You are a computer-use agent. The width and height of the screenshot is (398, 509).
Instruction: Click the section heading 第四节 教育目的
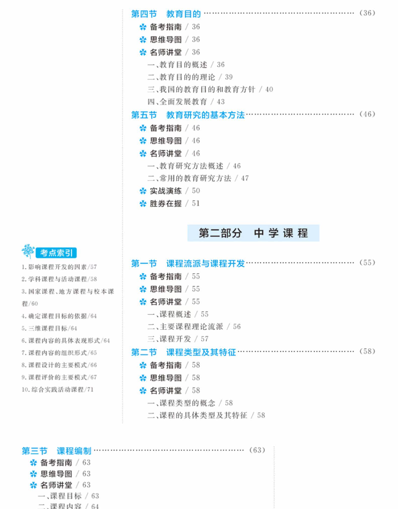point(166,14)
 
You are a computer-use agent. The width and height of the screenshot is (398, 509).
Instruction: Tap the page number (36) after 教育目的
point(367,13)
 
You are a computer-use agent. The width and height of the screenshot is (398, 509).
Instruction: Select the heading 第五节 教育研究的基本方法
point(188,115)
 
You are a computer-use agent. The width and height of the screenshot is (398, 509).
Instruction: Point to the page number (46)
point(367,114)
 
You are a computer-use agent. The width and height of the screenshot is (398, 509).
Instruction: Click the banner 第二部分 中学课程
point(253,233)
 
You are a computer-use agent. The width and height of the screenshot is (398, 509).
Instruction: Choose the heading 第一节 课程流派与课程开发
point(188,263)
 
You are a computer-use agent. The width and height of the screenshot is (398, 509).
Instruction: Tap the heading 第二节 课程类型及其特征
point(183,352)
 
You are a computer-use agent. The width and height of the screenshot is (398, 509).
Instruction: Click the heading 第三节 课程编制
point(56,451)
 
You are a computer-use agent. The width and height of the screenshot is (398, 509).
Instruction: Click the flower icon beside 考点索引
point(28,251)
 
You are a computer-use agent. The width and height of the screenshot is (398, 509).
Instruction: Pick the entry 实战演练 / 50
point(170,191)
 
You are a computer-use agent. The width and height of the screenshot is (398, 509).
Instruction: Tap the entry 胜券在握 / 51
point(170,203)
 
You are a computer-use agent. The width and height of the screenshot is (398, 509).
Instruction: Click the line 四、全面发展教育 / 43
point(186,102)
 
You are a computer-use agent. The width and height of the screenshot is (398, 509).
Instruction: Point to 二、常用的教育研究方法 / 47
point(198,178)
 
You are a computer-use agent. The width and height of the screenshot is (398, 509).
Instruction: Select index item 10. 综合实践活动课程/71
point(58,389)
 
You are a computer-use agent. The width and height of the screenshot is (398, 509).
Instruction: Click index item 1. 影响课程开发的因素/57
point(59,267)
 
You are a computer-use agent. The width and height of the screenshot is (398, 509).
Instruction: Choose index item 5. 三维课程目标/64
point(49,328)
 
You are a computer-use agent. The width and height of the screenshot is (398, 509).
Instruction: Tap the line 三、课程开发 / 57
point(178,339)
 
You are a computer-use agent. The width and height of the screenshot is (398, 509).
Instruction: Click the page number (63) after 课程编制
point(257,450)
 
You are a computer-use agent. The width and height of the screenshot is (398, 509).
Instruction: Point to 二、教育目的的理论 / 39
point(190,77)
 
